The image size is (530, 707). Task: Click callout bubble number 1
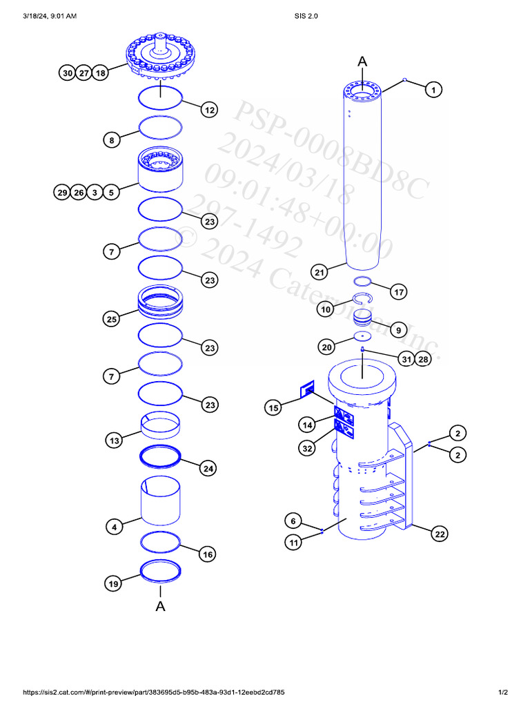433,90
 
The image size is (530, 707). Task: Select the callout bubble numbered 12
210,110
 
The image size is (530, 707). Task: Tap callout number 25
112,319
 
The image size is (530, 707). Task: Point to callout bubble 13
114,440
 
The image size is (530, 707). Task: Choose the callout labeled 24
207,469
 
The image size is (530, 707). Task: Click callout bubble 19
114,584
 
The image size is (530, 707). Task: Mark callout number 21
319,273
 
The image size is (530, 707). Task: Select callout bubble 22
439,533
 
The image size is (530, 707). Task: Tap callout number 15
273,408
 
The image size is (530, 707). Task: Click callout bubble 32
307,448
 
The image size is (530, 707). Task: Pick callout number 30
67,73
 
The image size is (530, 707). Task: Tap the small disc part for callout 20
362,336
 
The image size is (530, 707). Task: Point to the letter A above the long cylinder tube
362,62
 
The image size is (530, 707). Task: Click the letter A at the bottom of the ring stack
160,606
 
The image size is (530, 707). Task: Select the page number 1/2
503,692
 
